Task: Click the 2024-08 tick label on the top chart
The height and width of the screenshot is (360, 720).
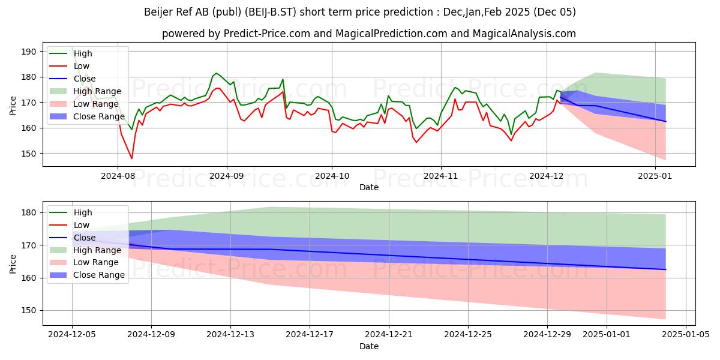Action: (118, 176)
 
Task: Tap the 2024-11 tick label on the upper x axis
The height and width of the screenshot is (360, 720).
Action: (441, 176)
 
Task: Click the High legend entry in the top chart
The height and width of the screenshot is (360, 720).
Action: (83, 53)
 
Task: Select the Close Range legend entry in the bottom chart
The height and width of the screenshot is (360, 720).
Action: (99, 275)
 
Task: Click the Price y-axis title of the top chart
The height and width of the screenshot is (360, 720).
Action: (13, 105)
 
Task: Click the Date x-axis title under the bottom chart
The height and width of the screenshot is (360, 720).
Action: (369, 347)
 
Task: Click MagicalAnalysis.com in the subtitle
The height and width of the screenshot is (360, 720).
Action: (524, 34)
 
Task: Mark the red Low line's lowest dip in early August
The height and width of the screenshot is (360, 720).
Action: (132, 158)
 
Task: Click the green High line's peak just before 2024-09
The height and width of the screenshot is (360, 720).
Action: (216, 73)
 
